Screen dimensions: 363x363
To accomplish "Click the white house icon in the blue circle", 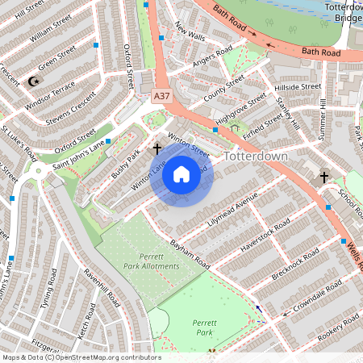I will [x=181, y=173].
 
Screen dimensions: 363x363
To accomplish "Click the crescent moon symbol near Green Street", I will [x=33, y=81].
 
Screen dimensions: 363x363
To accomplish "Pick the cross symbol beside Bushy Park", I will [x=156, y=148].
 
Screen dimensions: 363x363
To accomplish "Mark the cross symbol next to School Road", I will [x=324, y=176].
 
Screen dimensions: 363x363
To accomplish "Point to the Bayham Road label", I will [x=190, y=255].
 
